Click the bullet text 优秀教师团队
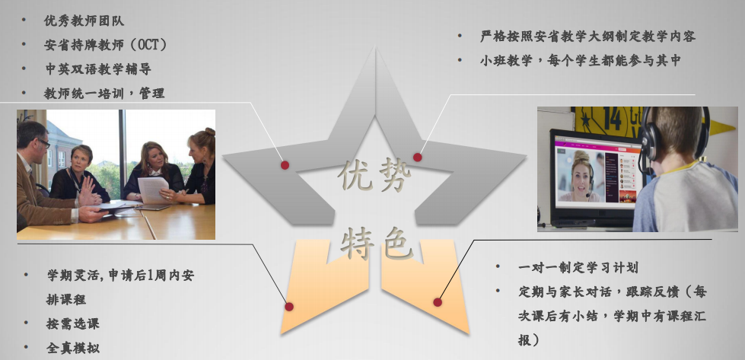[x=84, y=21]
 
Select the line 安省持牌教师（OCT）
[x=106, y=45]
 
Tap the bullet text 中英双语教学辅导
[x=98, y=68]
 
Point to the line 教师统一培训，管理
[x=104, y=93]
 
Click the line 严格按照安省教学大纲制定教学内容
[x=587, y=36]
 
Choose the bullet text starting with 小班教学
[x=580, y=60]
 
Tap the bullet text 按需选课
[x=73, y=324]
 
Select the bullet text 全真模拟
[x=73, y=348]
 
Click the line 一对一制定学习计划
[x=578, y=267]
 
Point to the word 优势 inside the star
[x=374, y=176]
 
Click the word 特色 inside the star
[x=376, y=243]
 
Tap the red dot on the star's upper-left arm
[x=285, y=165]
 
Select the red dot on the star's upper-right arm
[x=417, y=158]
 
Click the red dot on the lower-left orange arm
[x=289, y=307]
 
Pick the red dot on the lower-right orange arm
[x=438, y=302]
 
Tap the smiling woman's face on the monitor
[x=578, y=174]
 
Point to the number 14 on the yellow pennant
[x=613, y=119]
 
